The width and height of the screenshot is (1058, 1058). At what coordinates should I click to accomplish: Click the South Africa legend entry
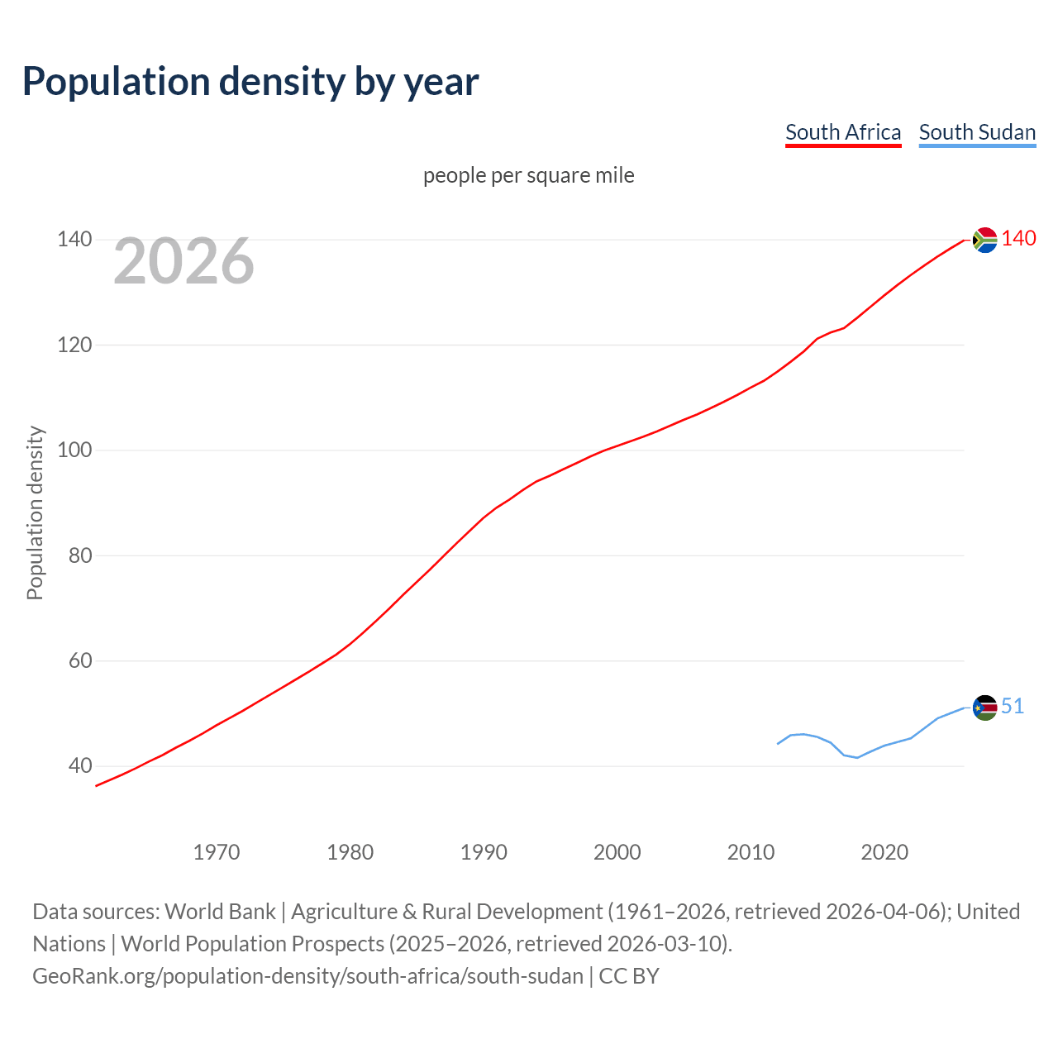tap(842, 132)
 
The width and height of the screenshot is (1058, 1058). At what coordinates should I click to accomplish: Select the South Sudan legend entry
tap(977, 132)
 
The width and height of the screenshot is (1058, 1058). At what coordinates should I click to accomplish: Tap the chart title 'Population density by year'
tap(250, 81)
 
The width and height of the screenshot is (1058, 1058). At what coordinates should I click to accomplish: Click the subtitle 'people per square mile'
tap(528, 175)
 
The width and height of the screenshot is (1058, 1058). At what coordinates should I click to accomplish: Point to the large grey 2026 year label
tap(183, 261)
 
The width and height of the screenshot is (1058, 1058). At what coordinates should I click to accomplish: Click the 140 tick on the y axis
tap(74, 239)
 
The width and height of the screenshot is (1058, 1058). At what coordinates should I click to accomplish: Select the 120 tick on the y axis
tap(74, 345)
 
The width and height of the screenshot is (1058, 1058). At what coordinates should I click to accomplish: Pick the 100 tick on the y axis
tap(74, 450)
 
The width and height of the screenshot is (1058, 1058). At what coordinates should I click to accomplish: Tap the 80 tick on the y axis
tap(79, 555)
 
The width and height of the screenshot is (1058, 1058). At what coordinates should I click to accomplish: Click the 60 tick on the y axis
tap(79, 660)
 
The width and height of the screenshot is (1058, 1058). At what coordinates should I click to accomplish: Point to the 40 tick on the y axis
tap(79, 765)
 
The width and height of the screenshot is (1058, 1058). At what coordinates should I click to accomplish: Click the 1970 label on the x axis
tap(217, 851)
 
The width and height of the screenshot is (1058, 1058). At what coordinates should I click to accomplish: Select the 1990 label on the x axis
tap(484, 851)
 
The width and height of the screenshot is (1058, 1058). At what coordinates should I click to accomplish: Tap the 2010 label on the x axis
tap(751, 851)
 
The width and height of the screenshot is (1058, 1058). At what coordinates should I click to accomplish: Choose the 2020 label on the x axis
tap(884, 851)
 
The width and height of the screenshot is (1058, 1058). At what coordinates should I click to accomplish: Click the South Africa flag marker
tap(984, 240)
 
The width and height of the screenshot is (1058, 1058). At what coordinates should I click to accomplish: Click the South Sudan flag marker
tap(984, 708)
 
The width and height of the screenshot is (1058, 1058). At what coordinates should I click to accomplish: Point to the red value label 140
tap(1018, 239)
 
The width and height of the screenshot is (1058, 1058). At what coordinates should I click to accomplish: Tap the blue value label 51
tap(1013, 706)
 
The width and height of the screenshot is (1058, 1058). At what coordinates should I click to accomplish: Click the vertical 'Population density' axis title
tap(35, 512)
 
